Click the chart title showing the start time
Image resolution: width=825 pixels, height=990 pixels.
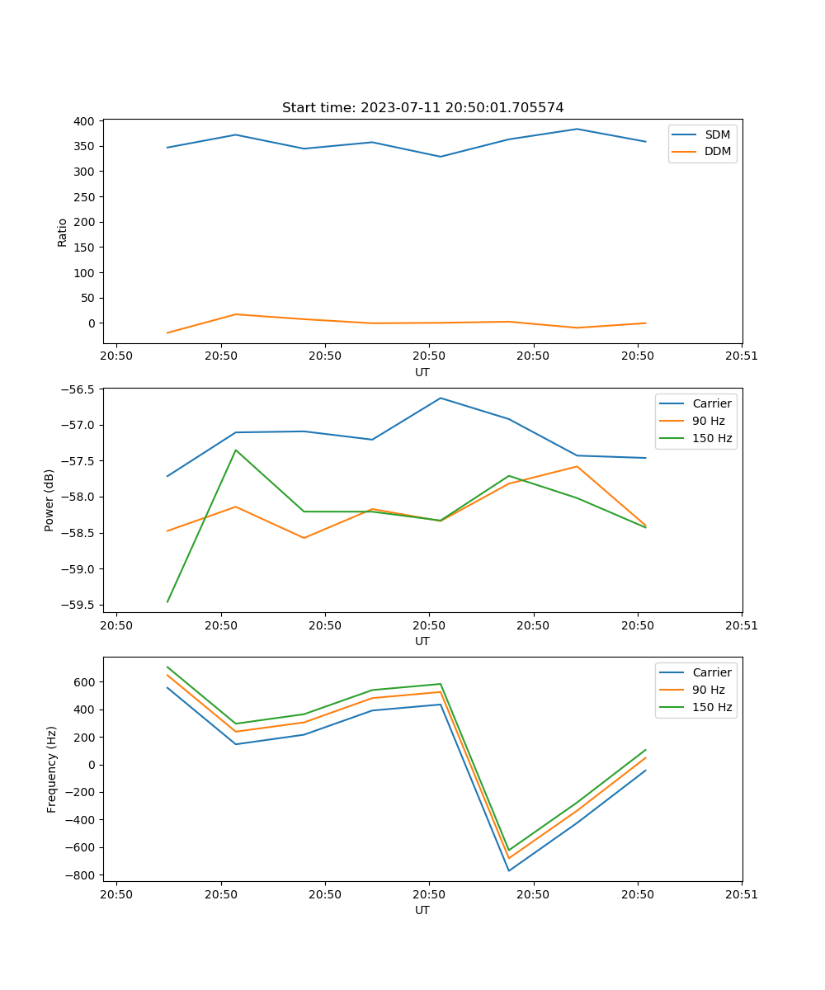point(422,108)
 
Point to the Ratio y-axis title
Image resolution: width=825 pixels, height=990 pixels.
point(63,232)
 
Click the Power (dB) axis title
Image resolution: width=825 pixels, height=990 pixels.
point(49,500)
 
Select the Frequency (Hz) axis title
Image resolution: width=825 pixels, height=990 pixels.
point(51,769)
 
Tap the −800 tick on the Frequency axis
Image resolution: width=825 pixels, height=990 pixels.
point(81,875)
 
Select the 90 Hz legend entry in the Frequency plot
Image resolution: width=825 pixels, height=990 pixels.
point(708,690)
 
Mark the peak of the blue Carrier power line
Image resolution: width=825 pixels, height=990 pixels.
point(441,398)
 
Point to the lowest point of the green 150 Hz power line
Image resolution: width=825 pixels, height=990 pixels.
point(167,602)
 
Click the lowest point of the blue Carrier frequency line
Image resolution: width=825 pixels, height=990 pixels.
point(509,870)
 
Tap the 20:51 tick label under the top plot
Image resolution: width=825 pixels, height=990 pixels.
point(742,356)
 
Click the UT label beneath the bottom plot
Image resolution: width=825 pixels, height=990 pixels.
point(422,910)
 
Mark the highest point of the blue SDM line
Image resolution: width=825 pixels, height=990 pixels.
point(577,129)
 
